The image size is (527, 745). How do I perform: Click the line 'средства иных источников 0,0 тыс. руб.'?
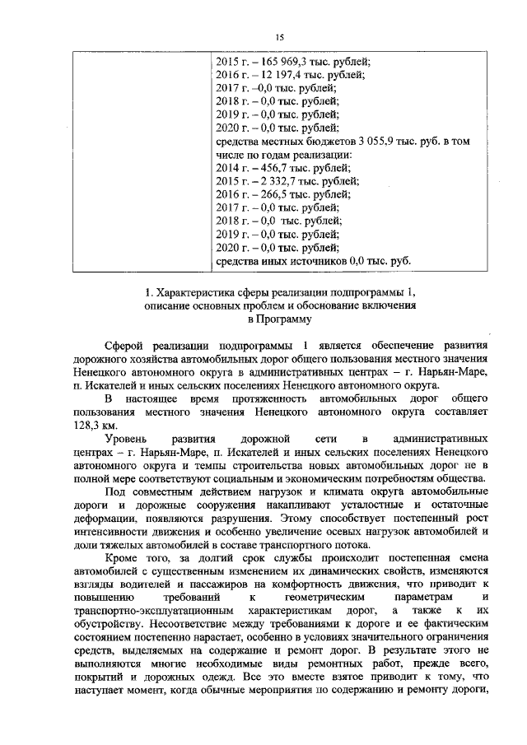tap(312, 262)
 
